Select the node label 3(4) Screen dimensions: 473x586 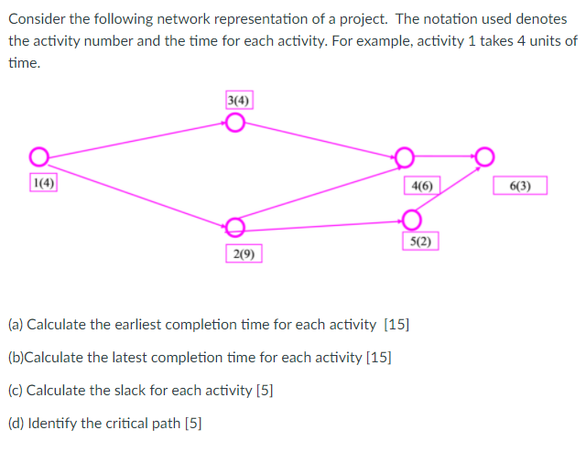point(239,99)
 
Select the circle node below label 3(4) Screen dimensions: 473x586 point(235,124)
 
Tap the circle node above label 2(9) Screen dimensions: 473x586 point(235,226)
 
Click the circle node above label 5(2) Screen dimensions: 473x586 point(412,219)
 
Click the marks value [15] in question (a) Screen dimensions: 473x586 point(397,325)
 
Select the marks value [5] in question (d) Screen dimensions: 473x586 point(193,423)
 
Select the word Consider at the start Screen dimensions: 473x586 point(38,19)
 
